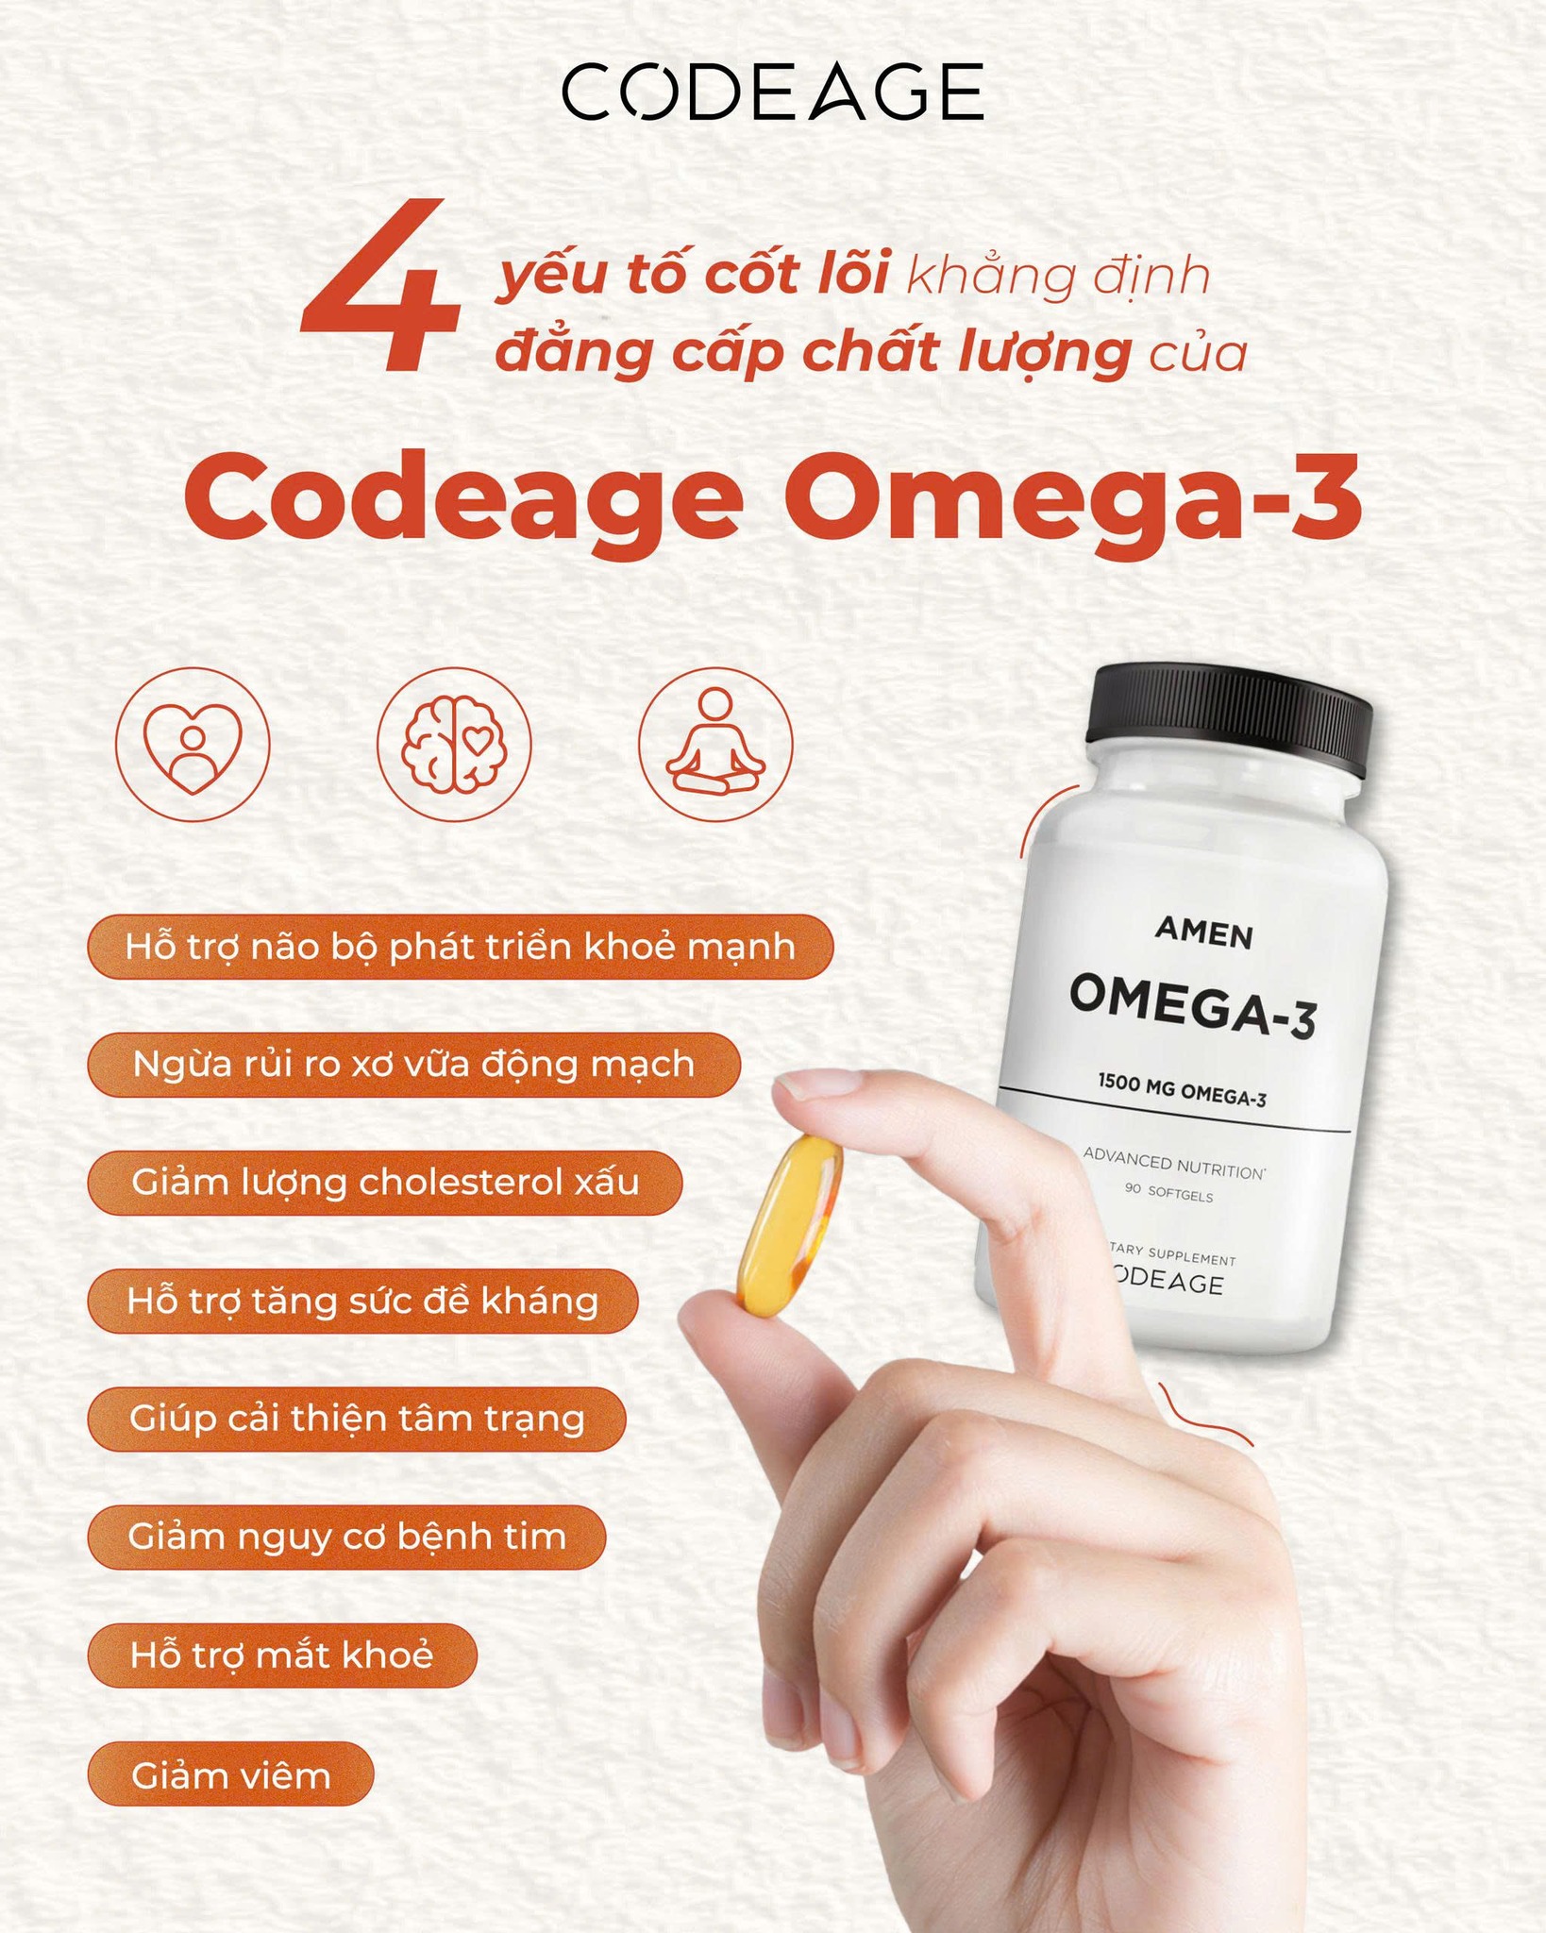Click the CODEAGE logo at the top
tap(772, 92)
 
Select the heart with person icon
tap(193, 745)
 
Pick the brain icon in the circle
tap(454, 745)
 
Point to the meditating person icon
tap(715, 745)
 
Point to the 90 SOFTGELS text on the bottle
tap(1168, 1195)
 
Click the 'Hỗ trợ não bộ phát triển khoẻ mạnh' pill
tap(460, 947)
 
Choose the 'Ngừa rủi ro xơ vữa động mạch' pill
tap(413, 1065)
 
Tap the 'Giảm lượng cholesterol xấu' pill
tap(384, 1183)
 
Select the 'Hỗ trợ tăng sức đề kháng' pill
tap(362, 1302)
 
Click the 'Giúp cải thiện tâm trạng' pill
tap(356, 1420)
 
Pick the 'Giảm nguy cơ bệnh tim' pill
tap(346, 1538)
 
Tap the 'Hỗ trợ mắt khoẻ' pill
tap(281, 1656)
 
